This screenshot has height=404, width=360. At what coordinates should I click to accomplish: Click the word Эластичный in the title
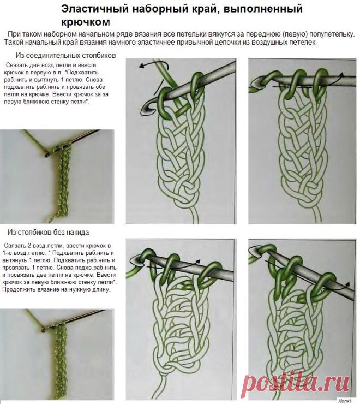point(95,9)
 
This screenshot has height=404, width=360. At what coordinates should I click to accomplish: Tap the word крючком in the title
point(86,22)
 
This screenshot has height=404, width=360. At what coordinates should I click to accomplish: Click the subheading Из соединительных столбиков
point(65,55)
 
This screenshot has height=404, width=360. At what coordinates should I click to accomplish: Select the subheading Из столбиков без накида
point(48,233)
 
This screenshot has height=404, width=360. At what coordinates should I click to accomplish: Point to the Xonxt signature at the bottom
point(345,401)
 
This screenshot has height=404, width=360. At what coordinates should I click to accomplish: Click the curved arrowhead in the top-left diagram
point(142,66)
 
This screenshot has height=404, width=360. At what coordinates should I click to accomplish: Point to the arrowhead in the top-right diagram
point(341,75)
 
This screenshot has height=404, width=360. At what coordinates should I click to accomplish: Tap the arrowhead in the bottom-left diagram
point(198,261)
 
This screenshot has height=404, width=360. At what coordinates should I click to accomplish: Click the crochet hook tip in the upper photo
point(46,156)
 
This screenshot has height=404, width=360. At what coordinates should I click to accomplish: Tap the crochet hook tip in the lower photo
point(43,330)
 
